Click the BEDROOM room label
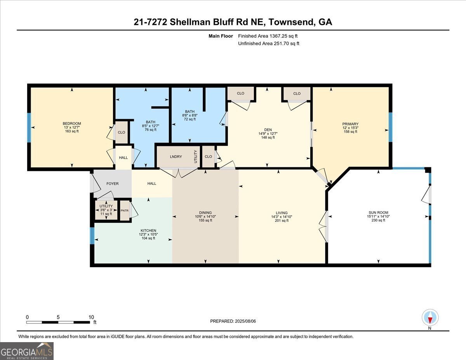click(x=72, y=123)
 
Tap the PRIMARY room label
click(x=350, y=124)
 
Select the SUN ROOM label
click(x=378, y=212)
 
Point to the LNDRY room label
click(x=176, y=157)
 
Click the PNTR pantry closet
click(x=124, y=210)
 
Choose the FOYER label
click(x=113, y=184)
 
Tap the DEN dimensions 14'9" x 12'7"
click(x=268, y=133)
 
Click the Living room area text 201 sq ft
click(x=282, y=221)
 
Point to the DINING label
click(x=205, y=212)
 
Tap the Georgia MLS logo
click(x=27, y=351)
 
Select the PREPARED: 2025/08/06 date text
click(x=233, y=321)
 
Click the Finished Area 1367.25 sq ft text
click(x=268, y=36)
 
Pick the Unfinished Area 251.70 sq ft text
click(x=268, y=43)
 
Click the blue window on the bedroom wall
click(x=29, y=127)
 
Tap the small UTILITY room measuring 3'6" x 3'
click(x=106, y=210)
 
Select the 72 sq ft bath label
click(x=190, y=119)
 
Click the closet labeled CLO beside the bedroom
click(x=122, y=132)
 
